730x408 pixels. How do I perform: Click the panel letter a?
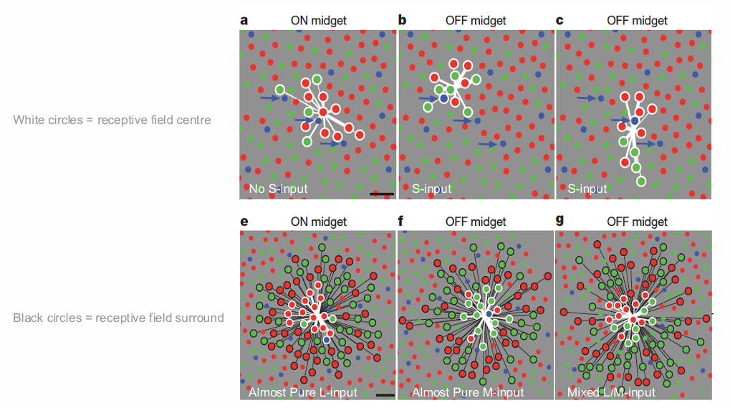click(x=244, y=20)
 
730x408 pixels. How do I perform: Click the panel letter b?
click(x=403, y=20)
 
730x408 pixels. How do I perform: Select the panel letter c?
click(x=559, y=20)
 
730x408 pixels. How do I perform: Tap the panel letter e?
click(x=244, y=222)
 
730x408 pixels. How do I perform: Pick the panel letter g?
click(x=559, y=222)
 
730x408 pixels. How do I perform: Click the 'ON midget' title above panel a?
click(x=318, y=20)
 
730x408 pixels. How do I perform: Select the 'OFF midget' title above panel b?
click(x=476, y=20)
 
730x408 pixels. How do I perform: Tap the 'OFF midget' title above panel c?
click(x=637, y=20)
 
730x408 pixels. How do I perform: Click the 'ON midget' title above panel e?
click(x=318, y=222)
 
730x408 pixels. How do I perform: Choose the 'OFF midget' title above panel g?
click(x=637, y=222)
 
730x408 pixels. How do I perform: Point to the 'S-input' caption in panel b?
click(x=431, y=189)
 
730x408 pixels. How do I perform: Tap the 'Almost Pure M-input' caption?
click(x=468, y=392)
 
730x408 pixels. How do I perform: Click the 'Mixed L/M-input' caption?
click(x=611, y=392)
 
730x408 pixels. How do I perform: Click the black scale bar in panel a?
click(x=383, y=193)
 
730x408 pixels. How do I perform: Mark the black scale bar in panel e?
click(x=385, y=394)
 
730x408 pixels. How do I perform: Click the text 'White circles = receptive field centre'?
click(x=112, y=120)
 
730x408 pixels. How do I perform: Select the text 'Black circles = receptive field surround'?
click(x=118, y=318)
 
